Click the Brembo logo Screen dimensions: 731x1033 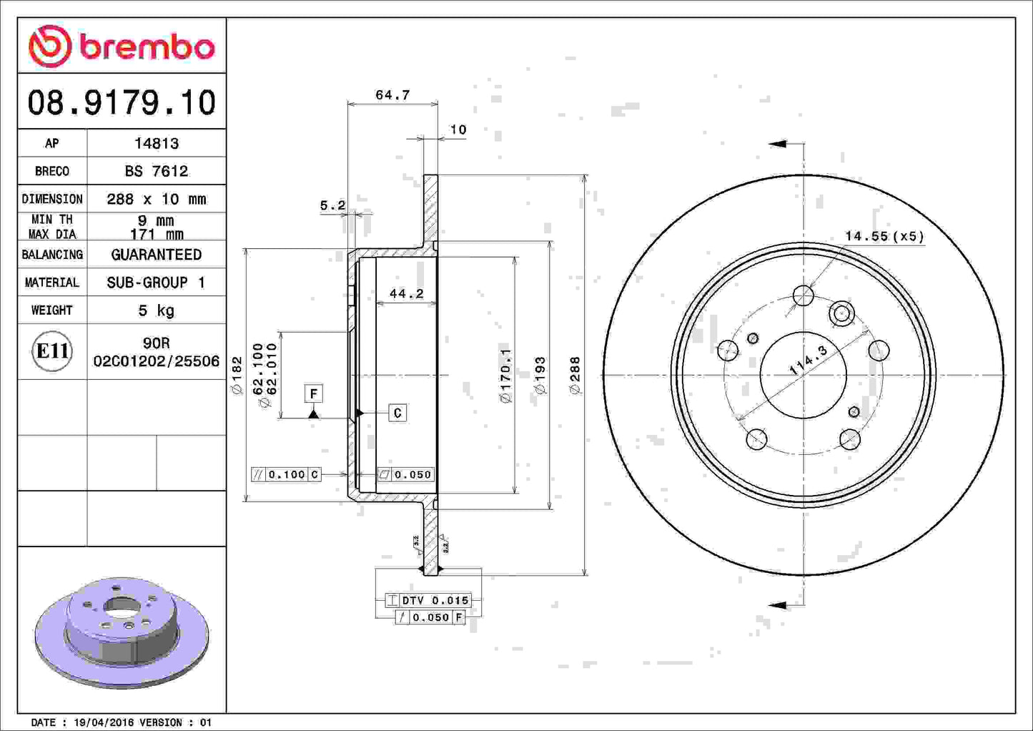point(122,46)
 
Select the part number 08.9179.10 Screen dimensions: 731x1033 point(122,102)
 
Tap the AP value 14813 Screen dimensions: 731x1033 point(157,143)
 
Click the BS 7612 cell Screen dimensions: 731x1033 point(157,171)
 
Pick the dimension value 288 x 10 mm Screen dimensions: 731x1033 point(157,199)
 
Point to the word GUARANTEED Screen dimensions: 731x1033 point(157,255)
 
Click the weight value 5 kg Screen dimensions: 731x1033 point(157,310)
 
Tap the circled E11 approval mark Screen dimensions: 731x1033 point(52,351)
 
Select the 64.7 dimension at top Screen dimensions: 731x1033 point(392,95)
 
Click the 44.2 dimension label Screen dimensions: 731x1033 point(406,293)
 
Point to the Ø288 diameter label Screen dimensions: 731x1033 point(575,375)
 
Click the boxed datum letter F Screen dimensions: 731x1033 point(313,393)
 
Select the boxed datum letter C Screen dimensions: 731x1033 point(397,413)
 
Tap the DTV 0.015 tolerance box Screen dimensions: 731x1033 point(427,600)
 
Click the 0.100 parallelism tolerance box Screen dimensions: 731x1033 point(286,474)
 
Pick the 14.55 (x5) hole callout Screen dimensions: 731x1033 point(884,236)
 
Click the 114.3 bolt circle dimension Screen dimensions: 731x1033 point(808,360)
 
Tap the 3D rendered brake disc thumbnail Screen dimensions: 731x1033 point(122,629)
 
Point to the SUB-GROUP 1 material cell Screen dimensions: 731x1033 point(157,283)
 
